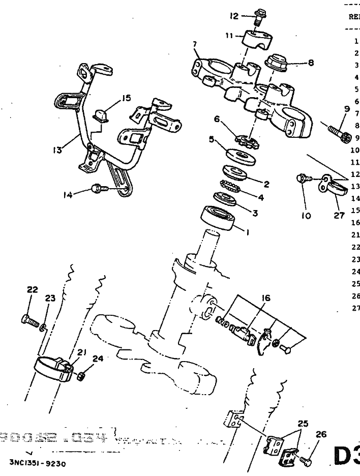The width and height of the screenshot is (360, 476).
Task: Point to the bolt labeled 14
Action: pos(99,189)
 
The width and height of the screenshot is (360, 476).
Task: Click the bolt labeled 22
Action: pos(30,320)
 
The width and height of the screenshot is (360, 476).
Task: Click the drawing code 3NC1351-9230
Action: pos(37,464)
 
